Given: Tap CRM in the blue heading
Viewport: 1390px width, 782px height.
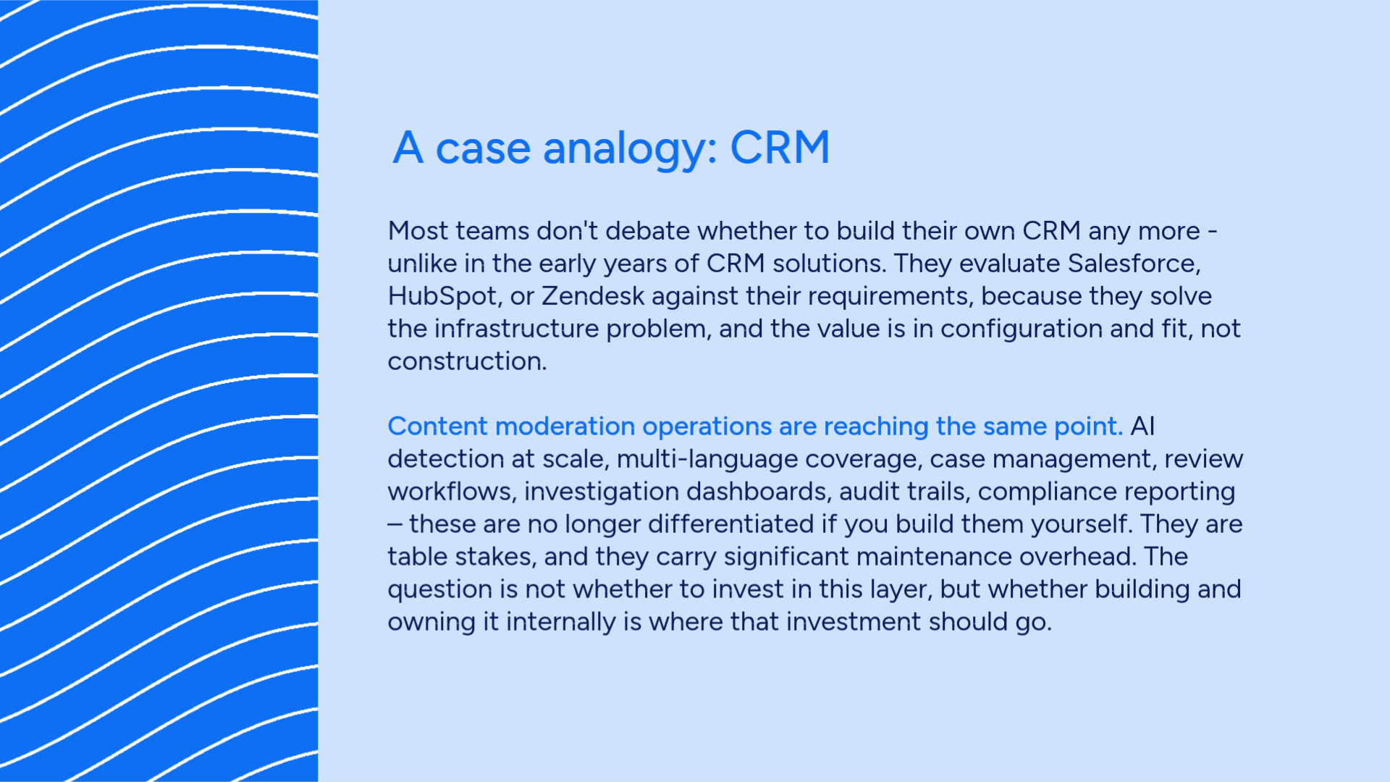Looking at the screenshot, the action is (780, 148).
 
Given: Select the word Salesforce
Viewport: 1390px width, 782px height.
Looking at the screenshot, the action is (1134, 263).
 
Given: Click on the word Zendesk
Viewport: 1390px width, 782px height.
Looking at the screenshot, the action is (593, 295).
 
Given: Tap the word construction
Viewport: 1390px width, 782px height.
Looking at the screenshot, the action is (467, 361).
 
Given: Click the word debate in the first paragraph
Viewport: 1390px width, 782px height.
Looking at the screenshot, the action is (647, 230).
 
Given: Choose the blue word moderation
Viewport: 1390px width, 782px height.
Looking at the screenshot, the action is (565, 426).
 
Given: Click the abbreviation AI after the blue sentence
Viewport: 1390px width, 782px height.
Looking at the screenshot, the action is (1142, 426).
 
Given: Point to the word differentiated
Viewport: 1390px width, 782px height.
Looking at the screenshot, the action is (730, 524).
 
